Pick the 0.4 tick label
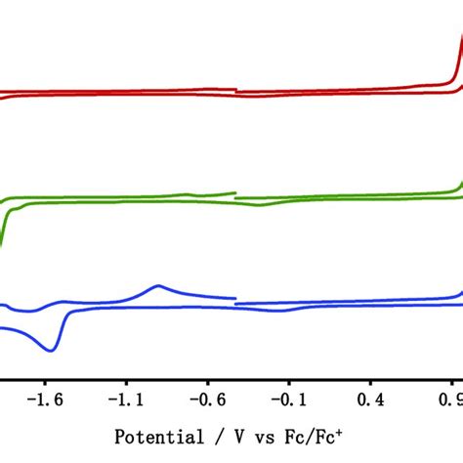coord(372,400)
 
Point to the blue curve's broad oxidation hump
coord(158,286)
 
